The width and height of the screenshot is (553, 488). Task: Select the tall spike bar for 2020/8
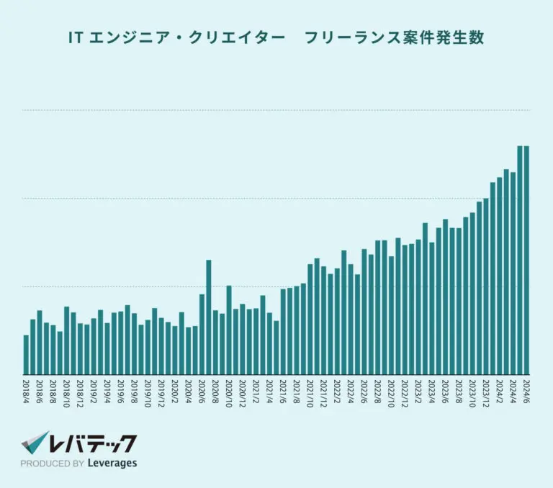[x=209, y=317]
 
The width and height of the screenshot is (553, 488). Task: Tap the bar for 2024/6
[x=527, y=260]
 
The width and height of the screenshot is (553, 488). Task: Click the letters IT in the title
[x=75, y=38]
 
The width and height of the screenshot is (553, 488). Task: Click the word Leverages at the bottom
[x=112, y=464]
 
